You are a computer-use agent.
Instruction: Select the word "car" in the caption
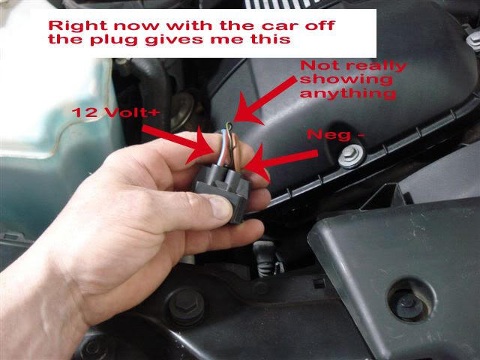[280, 25]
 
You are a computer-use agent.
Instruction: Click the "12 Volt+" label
[116, 112]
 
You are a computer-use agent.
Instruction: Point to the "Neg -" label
[336, 135]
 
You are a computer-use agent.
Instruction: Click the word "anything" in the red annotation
[348, 93]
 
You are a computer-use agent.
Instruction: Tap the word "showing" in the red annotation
[346, 79]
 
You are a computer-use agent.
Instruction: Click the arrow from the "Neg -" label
[279, 162]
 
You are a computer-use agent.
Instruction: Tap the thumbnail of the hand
[220, 208]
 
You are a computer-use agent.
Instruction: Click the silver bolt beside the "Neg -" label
[351, 156]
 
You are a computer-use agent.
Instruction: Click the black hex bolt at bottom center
[186, 306]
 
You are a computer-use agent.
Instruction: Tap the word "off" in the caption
[319, 25]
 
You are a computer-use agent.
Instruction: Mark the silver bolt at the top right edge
[474, 41]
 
